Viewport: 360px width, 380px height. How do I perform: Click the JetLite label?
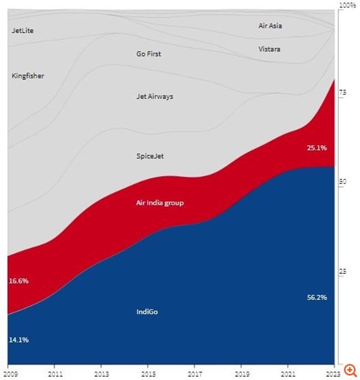(23, 30)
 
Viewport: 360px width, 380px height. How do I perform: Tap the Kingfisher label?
(28, 76)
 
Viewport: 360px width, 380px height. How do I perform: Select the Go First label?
(148, 54)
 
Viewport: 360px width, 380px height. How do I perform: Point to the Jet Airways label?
(155, 96)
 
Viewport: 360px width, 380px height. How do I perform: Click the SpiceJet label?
(150, 156)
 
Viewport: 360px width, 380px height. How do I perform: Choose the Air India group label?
(160, 203)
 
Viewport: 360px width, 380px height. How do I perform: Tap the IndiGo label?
(147, 312)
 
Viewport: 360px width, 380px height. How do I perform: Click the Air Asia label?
(270, 26)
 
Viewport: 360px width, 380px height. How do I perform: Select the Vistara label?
(269, 49)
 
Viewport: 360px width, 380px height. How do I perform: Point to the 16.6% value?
(18, 281)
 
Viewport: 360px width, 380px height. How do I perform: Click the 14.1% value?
(18, 340)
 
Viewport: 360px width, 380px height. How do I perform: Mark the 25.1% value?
(316, 148)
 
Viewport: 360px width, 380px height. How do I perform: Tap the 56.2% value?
(317, 297)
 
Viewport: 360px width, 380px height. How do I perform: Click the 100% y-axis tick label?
(347, 5)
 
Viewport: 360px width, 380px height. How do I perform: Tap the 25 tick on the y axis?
(342, 271)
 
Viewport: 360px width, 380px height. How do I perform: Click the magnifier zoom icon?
(350, 369)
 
